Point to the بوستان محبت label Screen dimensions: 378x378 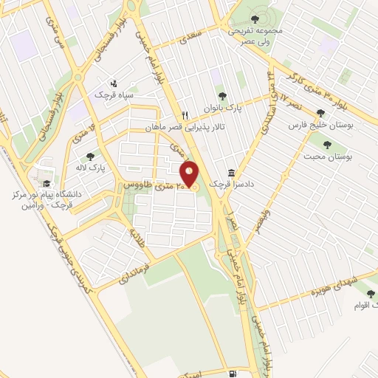tap(348, 157)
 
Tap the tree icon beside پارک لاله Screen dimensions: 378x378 tap(90, 156)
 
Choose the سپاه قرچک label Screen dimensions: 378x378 tap(111, 96)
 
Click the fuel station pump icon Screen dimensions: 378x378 tap(233, 374)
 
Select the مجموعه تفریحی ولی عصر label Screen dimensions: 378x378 tap(256, 33)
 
